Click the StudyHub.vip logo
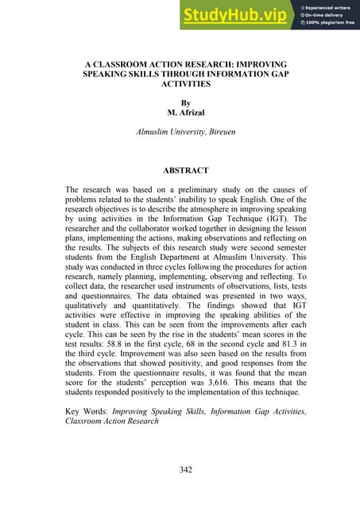pos(236,15)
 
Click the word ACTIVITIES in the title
pos(186,83)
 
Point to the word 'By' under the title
pos(186,103)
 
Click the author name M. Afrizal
pos(186,114)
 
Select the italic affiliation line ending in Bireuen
pos(186,137)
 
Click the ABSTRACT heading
pos(186,170)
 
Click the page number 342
pos(186,470)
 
